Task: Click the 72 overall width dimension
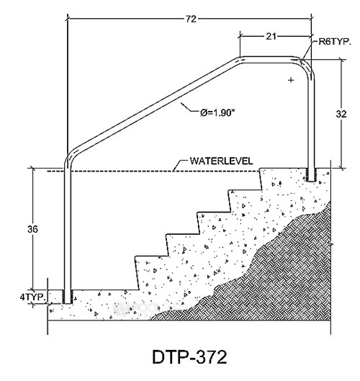[191, 19]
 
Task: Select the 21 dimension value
[271, 37]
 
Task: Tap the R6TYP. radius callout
[335, 42]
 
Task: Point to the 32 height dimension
[341, 114]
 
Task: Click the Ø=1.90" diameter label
[217, 112]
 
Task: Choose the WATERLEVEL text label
[221, 161]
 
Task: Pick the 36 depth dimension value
[32, 229]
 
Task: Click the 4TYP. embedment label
[33, 297]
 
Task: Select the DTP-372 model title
[189, 357]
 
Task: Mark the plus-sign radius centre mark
[291, 80]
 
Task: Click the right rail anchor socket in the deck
[311, 175]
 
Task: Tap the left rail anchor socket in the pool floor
[68, 297]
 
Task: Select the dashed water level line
[153, 171]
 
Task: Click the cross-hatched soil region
[279, 274]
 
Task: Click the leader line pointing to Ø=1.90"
[189, 108]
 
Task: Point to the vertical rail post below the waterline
[68, 231]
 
